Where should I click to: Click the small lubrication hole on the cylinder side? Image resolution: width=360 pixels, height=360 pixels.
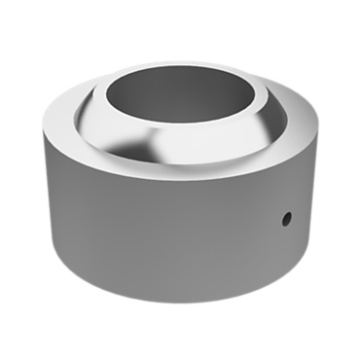tap(286, 220)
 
